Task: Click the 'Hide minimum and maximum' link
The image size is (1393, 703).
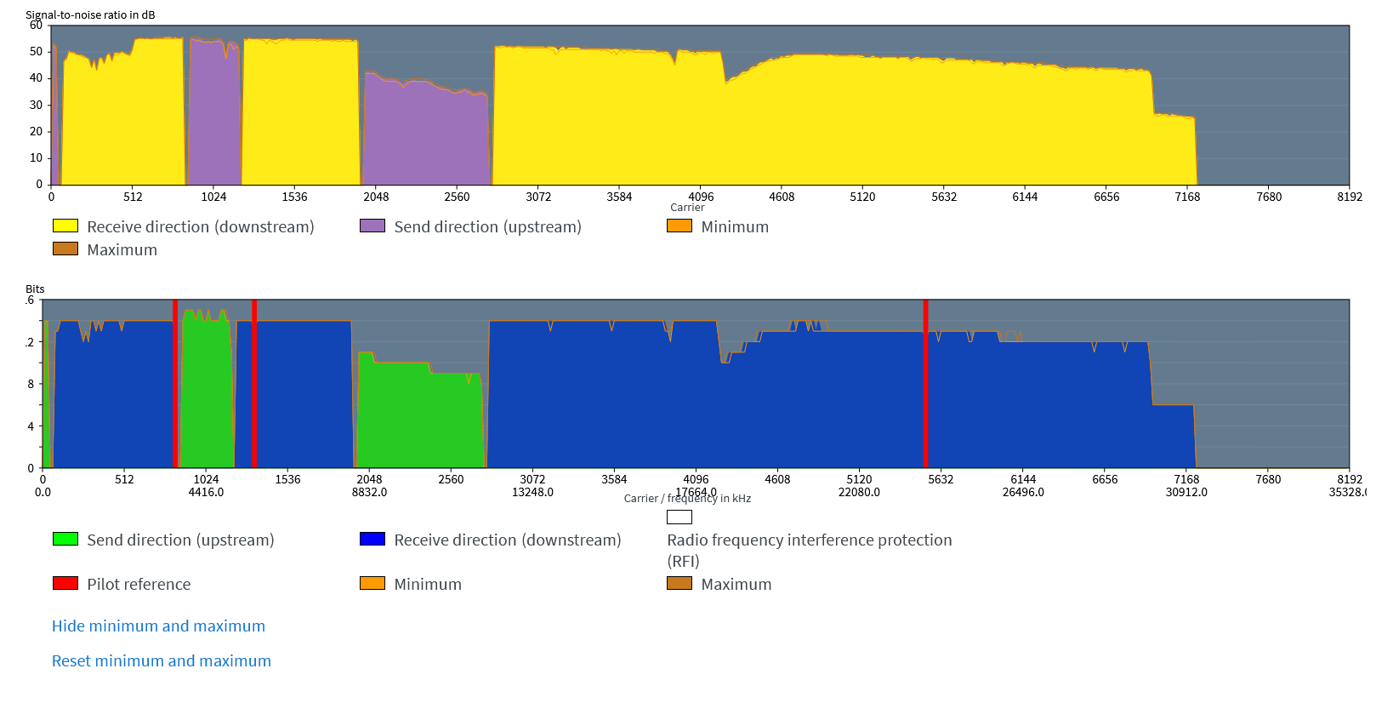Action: pos(158,626)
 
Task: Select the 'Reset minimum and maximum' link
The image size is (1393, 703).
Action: pos(162,661)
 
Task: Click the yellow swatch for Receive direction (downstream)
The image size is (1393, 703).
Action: pos(65,226)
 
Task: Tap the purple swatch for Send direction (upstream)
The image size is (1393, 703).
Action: pos(372,226)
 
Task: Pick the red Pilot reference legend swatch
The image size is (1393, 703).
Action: pos(65,583)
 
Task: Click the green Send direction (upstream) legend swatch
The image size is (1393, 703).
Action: pos(65,539)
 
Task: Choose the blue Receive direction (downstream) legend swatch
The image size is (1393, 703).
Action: pos(372,539)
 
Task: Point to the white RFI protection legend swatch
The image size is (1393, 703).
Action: pos(679,517)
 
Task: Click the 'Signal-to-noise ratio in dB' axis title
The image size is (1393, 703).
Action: pos(90,14)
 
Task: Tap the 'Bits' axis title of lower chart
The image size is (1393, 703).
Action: pos(35,289)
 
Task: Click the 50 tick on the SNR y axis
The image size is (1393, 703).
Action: pos(36,51)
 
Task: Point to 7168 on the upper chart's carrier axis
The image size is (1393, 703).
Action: pos(1187,197)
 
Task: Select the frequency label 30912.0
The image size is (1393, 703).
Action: pos(1186,492)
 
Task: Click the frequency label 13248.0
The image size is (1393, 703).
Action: pos(532,492)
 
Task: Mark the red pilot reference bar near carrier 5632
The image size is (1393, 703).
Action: pos(925,383)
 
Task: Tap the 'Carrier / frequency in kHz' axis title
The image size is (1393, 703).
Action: pos(687,499)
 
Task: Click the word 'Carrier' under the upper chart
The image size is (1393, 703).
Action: pos(687,208)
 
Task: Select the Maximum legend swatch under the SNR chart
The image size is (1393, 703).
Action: pos(65,249)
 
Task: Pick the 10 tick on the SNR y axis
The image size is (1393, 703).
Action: pos(36,157)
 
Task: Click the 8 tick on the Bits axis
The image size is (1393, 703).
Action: pos(31,384)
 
